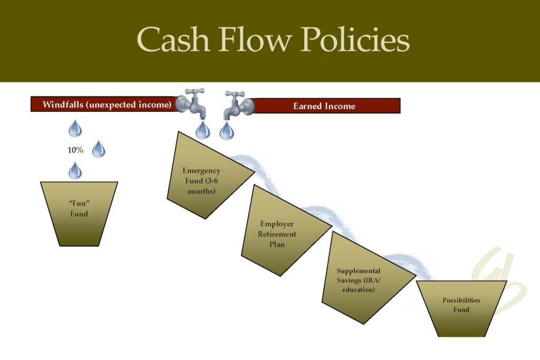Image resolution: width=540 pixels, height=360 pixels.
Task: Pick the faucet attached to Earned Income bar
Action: (238, 105)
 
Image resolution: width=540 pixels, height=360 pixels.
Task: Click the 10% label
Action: (75, 150)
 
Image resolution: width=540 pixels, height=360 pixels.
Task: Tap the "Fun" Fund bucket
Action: (79, 213)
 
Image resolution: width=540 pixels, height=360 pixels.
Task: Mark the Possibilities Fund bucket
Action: (461, 308)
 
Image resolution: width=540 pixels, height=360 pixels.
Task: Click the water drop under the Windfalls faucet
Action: (202, 130)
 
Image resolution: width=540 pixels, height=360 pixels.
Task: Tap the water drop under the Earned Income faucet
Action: (227, 131)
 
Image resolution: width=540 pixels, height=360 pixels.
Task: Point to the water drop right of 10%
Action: (99, 149)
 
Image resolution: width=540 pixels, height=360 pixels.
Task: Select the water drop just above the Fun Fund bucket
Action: (75, 171)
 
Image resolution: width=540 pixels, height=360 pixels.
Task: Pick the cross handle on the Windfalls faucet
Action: (194, 92)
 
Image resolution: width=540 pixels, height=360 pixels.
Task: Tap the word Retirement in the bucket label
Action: (277, 234)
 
